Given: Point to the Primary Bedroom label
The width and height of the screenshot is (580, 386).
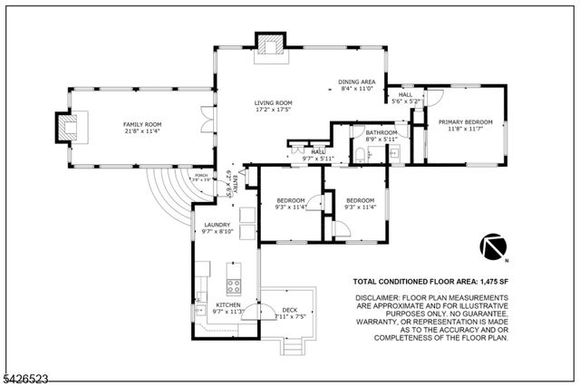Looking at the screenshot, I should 465,121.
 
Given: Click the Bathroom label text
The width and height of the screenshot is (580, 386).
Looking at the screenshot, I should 382,133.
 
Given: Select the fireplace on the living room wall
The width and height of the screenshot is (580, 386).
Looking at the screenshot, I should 268,45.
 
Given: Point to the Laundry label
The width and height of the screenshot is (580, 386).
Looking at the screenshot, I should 217,225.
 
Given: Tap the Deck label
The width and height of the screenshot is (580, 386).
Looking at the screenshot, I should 290,311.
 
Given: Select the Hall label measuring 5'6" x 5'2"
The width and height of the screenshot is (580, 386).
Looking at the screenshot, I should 405,94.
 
